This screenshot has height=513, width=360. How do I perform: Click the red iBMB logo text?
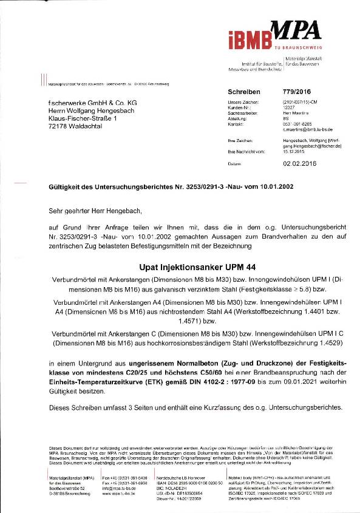point(248,39)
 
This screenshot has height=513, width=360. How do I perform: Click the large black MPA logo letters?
point(293,29)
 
